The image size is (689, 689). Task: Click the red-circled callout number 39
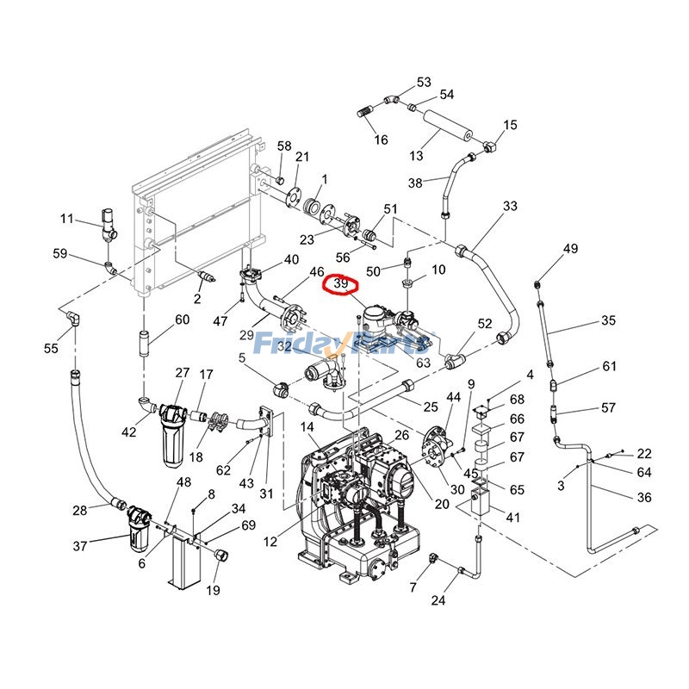pyautogui.click(x=341, y=283)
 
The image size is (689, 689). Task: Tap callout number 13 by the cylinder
pyautogui.click(x=417, y=156)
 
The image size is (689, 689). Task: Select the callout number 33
pyautogui.click(x=511, y=207)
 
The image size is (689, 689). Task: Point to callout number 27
pyautogui.click(x=183, y=373)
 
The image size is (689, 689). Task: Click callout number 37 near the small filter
pyautogui.click(x=80, y=546)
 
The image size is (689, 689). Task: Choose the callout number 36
pyautogui.click(x=643, y=497)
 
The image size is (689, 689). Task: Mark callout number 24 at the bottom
pyautogui.click(x=438, y=600)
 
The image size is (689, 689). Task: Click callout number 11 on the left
pyautogui.click(x=67, y=219)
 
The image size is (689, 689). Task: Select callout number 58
pyautogui.click(x=284, y=146)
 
